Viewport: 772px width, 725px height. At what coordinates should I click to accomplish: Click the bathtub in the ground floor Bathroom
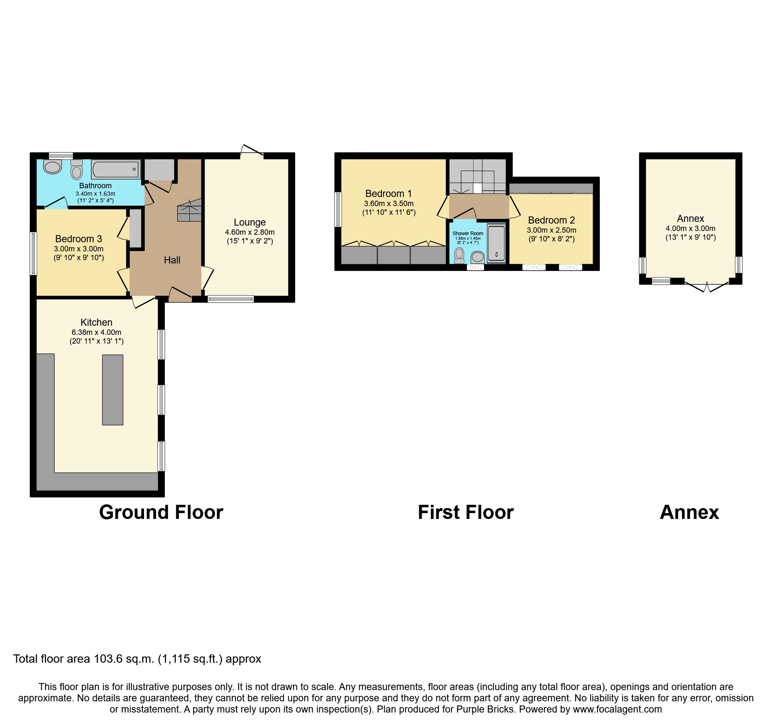tap(115, 170)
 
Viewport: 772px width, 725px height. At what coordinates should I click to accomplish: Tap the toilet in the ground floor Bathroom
tap(77, 170)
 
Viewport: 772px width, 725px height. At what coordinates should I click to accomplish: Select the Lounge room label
tap(249, 222)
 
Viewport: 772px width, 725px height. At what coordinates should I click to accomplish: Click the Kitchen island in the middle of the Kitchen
tap(112, 389)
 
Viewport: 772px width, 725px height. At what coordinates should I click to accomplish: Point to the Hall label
tap(172, 260)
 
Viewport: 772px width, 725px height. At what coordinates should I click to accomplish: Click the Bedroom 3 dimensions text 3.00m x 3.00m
tap(78, 249)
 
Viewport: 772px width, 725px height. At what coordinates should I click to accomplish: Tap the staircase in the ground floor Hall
tap(189, 210)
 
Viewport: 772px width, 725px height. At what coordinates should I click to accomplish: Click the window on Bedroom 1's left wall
tap(338, 209)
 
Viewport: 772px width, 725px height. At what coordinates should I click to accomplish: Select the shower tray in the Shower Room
tap(496, 243)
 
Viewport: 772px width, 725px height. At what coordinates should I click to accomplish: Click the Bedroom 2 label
tap(551, 220)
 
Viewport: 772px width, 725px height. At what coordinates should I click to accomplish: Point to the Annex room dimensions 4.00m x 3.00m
tap(690, 229)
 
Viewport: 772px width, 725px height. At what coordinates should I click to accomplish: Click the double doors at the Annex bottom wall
tap(706, 286)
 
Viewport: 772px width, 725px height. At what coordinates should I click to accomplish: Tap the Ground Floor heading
tap(161, 512)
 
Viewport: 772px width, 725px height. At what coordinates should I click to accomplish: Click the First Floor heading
tap(466, 512)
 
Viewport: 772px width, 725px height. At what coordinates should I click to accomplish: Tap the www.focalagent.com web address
tap(617, 709)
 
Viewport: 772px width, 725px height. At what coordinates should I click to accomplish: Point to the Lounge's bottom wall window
tap(231, 299)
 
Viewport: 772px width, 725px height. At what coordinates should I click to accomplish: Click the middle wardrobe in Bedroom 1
tap(393, 255)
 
